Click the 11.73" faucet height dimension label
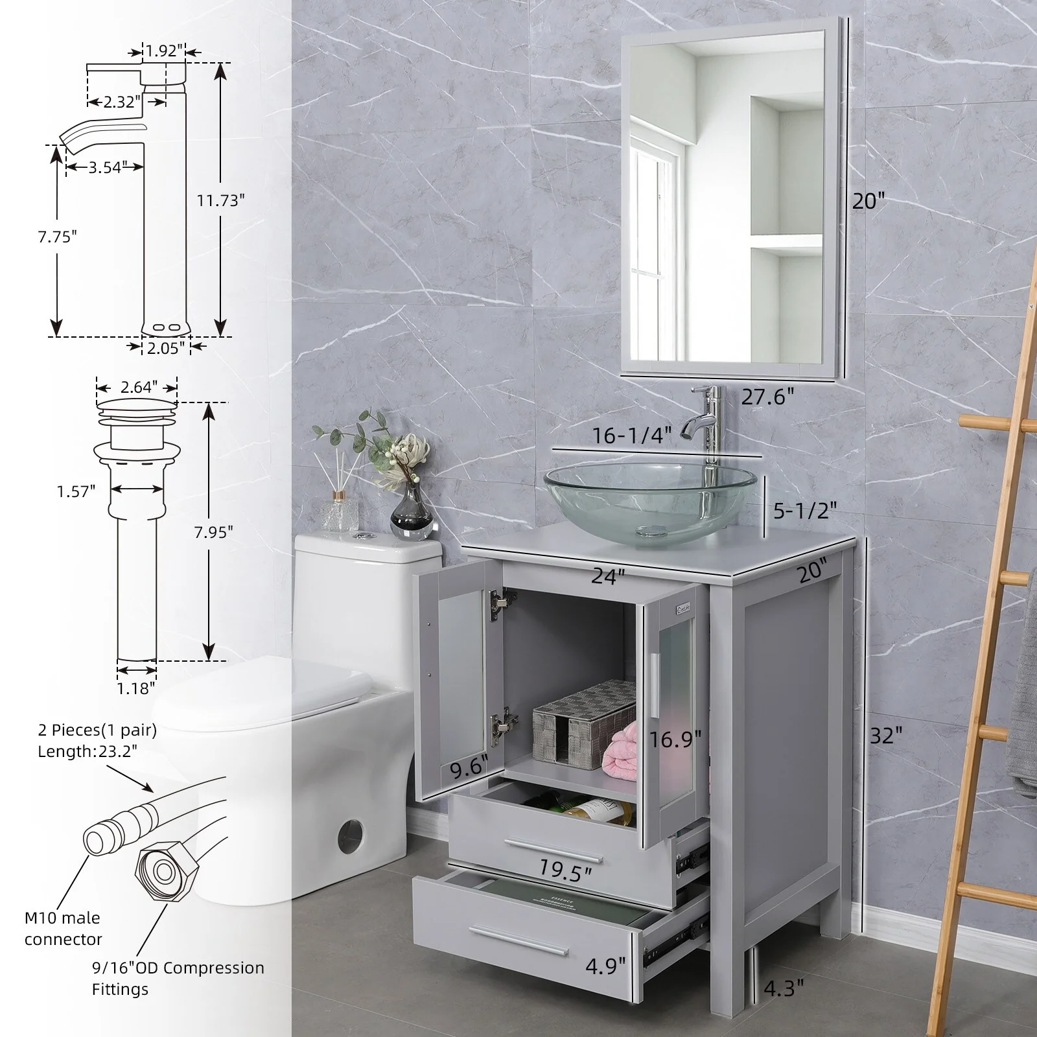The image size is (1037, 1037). coord(221,200)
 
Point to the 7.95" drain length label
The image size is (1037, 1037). coord(213,531)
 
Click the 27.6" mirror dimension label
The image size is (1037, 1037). coord(767,397)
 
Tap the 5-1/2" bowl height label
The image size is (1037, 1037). coord(801,511)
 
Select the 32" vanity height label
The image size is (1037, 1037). coord(886,735)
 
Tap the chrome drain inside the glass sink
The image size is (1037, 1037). coord(650,531)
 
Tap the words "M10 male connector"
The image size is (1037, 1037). coord(63,928)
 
